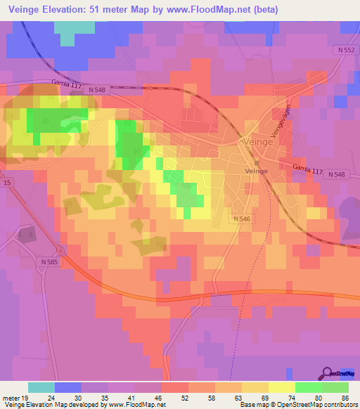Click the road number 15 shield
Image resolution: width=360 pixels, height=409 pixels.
(6, 183)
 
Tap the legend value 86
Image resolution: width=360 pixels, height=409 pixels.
(344, 397)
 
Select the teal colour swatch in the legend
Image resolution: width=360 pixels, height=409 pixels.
(41, 387)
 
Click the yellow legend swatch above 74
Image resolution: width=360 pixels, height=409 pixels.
(282, 387)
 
